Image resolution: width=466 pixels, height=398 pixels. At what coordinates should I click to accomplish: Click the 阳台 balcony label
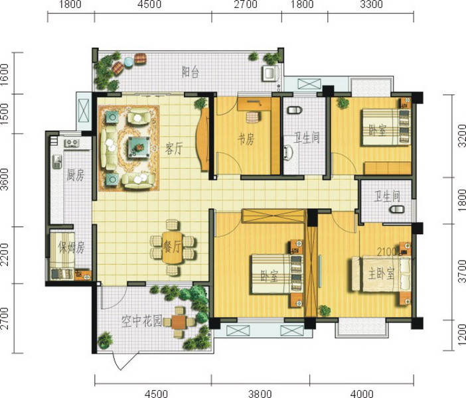pyautogui.click(x=191, y=72)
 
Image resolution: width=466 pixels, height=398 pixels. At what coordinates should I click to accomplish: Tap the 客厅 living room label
pyautogui.click(x=173, y=149)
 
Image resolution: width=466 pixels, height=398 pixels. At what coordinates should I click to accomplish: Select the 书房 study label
pyautogui.click(x=246, y=139)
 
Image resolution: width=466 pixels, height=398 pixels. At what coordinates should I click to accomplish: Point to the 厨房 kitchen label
pyautogui.click(x=75, y=175)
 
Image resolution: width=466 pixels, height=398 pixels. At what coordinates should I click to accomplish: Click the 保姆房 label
pyautogui.click(x=72, y=247)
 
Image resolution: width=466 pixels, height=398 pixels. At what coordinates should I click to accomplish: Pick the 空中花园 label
pyautogui.click(x=141, y=321)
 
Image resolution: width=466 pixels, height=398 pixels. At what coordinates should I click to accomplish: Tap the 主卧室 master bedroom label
pyautogui.click(x=381, y=274)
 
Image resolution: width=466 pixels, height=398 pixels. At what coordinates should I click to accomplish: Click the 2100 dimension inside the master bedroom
pyautogui.click(x=387, y=252)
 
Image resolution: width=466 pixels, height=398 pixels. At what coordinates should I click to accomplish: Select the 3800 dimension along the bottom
pyautogui.click(x=260, y=394)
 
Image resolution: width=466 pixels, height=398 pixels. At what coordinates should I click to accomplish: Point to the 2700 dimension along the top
pyautogui.click(x=246, y=5)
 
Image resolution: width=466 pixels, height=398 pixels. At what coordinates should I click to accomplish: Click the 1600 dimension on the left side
pyautogui.click(x=5, y=74)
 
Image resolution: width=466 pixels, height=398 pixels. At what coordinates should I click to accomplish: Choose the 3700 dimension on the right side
pyautogui.click(x=461, y=271)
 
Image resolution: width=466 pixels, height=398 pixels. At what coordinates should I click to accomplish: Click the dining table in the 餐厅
pyautogui.click(x=173, y=247)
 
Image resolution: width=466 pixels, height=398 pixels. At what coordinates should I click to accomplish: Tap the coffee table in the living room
pyautogui.click(x=139, y=147)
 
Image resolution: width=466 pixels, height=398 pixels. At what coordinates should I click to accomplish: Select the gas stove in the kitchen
pyautogui.click(x=72, y=143)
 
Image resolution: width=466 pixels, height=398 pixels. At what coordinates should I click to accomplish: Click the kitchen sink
pyautogui.click(x=57, y=161)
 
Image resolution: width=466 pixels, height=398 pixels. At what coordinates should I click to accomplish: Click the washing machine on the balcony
pyautogui.click(x=270, y=74)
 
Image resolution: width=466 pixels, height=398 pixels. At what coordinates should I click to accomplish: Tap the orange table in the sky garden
pyautogui.click(x=179, y=322)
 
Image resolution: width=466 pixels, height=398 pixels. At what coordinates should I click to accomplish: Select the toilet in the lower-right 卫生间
pyautogui.click(x=397, y=209)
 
